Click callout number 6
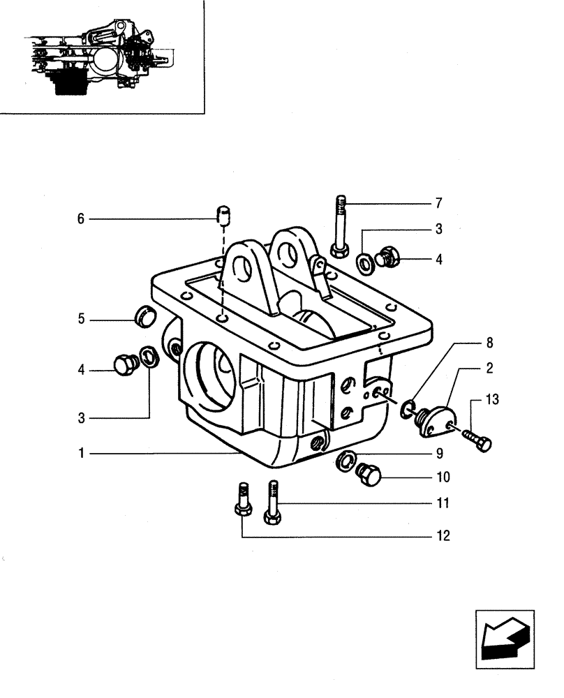[80, 219]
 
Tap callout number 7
[438, 203]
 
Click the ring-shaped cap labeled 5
[144, 315]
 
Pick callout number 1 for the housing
[82, 454]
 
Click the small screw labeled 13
[477, 440]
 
